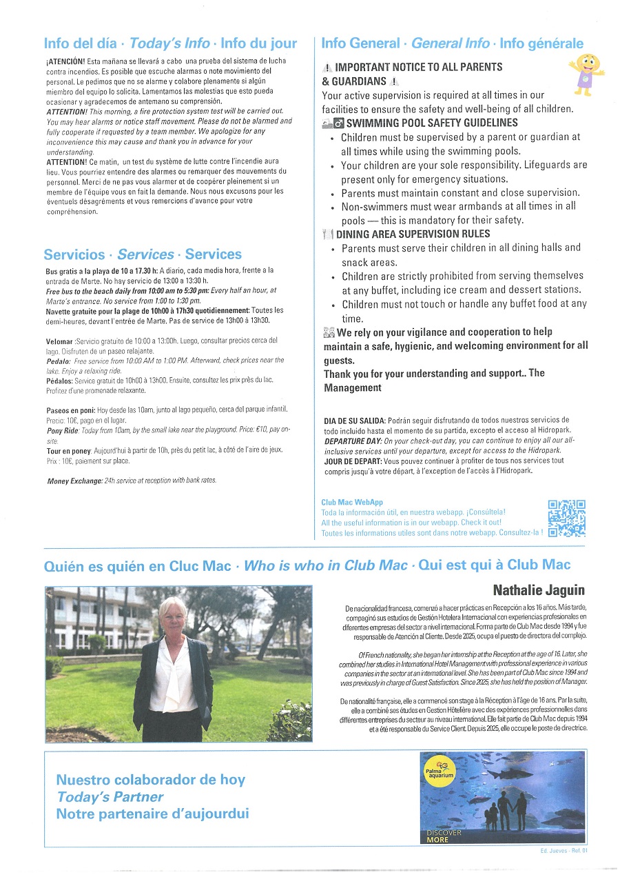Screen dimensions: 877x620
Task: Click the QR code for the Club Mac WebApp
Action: tap(566, 518)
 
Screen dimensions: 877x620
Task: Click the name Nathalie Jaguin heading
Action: tap(539, 589)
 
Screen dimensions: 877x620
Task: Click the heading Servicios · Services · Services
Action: tap(143, 254)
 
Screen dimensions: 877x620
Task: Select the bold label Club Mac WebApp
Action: tap(351, 503)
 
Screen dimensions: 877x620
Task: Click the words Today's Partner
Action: tap(110, 797)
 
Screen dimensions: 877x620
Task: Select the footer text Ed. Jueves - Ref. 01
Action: tap(563, 851)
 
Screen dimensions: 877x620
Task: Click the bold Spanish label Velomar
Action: tap(59, 341)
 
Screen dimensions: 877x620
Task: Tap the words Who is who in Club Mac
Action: tap(326, 565)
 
